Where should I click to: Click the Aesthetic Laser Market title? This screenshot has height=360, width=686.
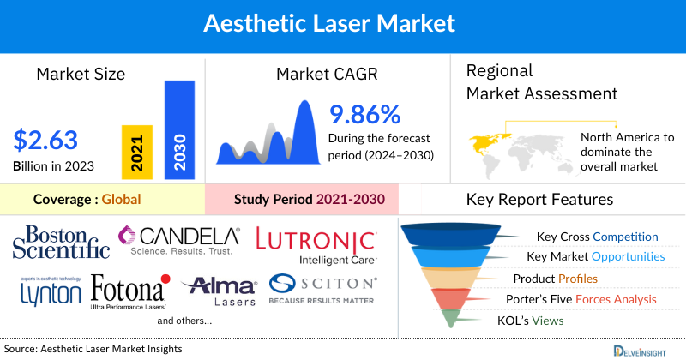pos(342,23)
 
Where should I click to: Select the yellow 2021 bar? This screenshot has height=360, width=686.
pos(137,150)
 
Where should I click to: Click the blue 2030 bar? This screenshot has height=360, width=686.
pos(180,129)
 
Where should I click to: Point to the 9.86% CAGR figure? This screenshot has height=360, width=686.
pos(364,114)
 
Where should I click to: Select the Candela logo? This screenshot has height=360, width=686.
pos(181,240)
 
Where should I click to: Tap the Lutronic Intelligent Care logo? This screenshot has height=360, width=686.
pos(316,244)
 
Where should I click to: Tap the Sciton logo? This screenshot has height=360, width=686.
pos(321,289)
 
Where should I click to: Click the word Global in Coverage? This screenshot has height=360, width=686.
pos(121,200)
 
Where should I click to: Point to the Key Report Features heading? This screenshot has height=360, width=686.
pos(539,200)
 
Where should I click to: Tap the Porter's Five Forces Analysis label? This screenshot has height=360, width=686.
pos(585,299)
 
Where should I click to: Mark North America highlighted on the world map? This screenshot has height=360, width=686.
pos(487,141)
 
